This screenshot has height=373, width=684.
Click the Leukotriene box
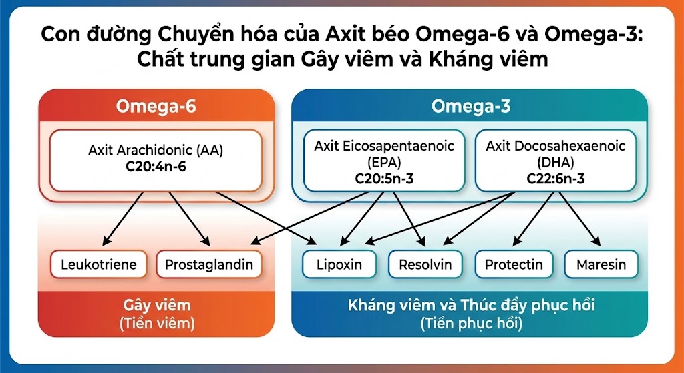pyautogui.click(x=99, y=264)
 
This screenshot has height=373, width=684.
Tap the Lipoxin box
pyautogui.click(x=339, y=264)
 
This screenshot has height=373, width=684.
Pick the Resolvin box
pyautogui.click(x=425, y=264)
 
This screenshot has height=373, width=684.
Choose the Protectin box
pyautogui.click(x=514, y=264)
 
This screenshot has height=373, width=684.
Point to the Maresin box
pyautogui.click(x=601, y=264)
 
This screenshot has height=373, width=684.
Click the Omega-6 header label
pyautogui.click(x=156, y=106)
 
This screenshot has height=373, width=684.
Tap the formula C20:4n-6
pyautogui.click(x=156, y=167)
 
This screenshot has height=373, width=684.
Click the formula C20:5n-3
pyautogui.click(x=384, y=179)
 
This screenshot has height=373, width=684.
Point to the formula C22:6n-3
pyautogui.click(x=556, y=179)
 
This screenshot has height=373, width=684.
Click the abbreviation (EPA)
pyautogui.click(x=384, y=162)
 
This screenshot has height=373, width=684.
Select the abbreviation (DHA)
pyautogui.click(x=556, y=162)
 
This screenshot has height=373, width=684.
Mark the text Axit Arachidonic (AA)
pyautogui.click(x=156, y=150)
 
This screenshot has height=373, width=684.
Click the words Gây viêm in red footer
pyautogui.click(x=157, y=306)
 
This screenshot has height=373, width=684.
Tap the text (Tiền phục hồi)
pyautogui.click(x=471, y=324)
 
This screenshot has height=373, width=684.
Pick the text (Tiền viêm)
pyautogui.click(x=157, y=324)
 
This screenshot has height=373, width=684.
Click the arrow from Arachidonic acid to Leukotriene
pyautogui.click(x=124, y=218)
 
